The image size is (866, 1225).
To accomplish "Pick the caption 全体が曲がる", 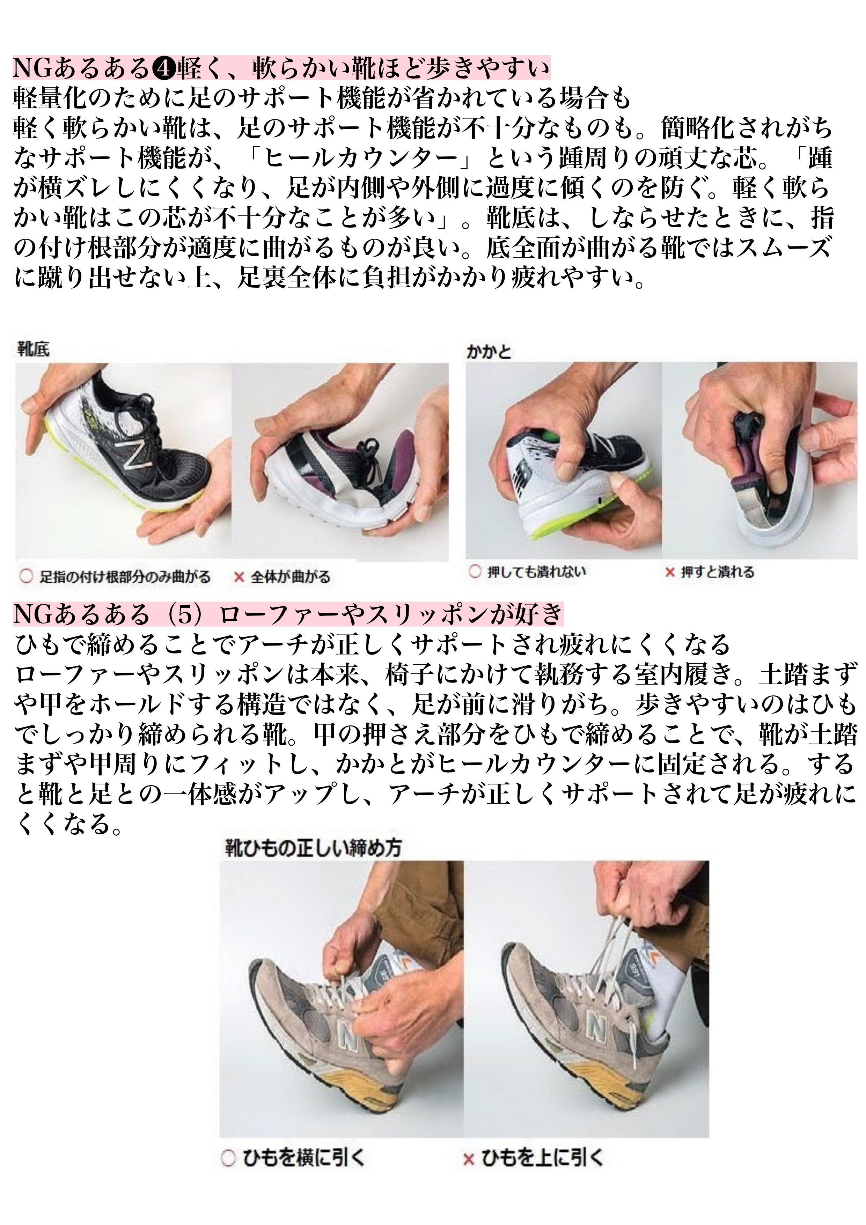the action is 290,577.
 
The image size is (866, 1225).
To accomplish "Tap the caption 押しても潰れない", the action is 536,572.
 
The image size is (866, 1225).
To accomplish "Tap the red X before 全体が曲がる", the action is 240,577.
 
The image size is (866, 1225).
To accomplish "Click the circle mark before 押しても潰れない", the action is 474,572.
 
